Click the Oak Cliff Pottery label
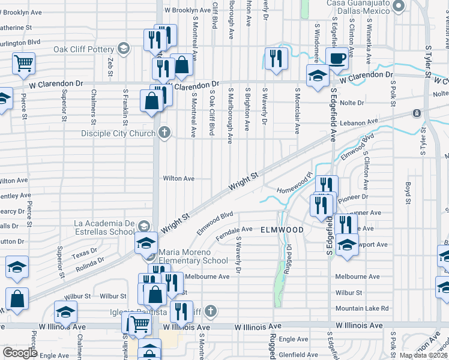pos(84,49)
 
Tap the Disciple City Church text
pos(119,133)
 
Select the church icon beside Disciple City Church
pos(164,133)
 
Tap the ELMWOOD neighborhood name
pos(282,230)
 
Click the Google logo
pos(20,353)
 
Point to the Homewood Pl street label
pos(295,190)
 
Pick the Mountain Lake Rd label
pos(362,308)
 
